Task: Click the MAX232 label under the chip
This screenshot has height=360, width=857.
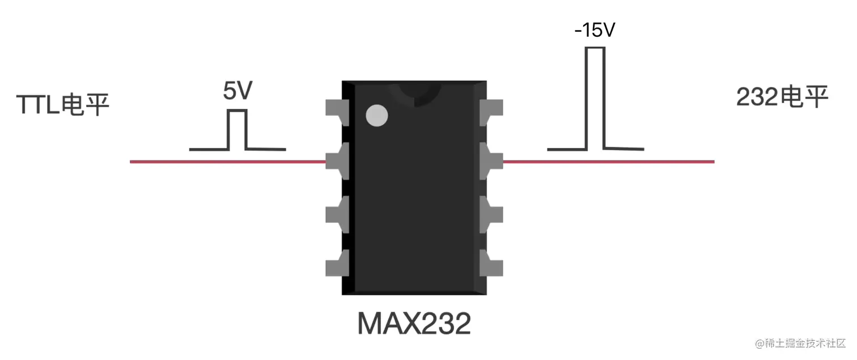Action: (x=414, y=323)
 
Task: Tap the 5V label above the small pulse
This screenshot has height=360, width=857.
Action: (x=237, y=92)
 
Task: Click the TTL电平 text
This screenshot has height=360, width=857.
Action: (x=62, y=105)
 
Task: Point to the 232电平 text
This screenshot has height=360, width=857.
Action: (x=782, y=98)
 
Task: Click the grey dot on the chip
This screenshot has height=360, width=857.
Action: (x=377, y=116)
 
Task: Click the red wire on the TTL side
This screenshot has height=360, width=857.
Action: (x=227, y=162)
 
